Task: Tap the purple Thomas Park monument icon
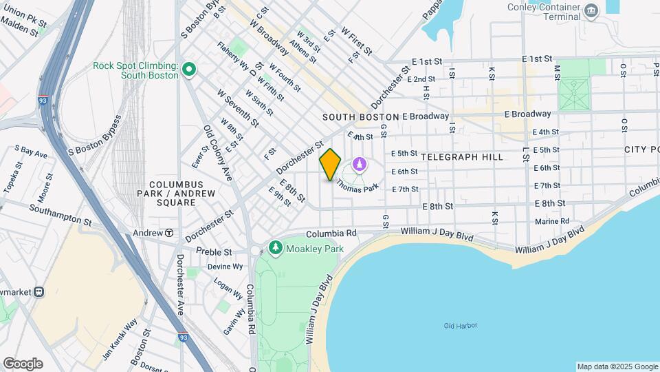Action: click(359, 165)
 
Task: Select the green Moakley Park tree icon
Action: click(276, 247)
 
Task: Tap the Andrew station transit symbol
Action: click(168, 233)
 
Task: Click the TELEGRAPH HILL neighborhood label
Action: click(462, 157)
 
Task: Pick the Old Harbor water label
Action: click(460, 326)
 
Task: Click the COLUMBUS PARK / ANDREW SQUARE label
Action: click(177, 194)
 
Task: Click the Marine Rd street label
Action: click(552, 221)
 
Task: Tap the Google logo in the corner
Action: click(23, 363)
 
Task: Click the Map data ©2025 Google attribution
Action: click(617, 366)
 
